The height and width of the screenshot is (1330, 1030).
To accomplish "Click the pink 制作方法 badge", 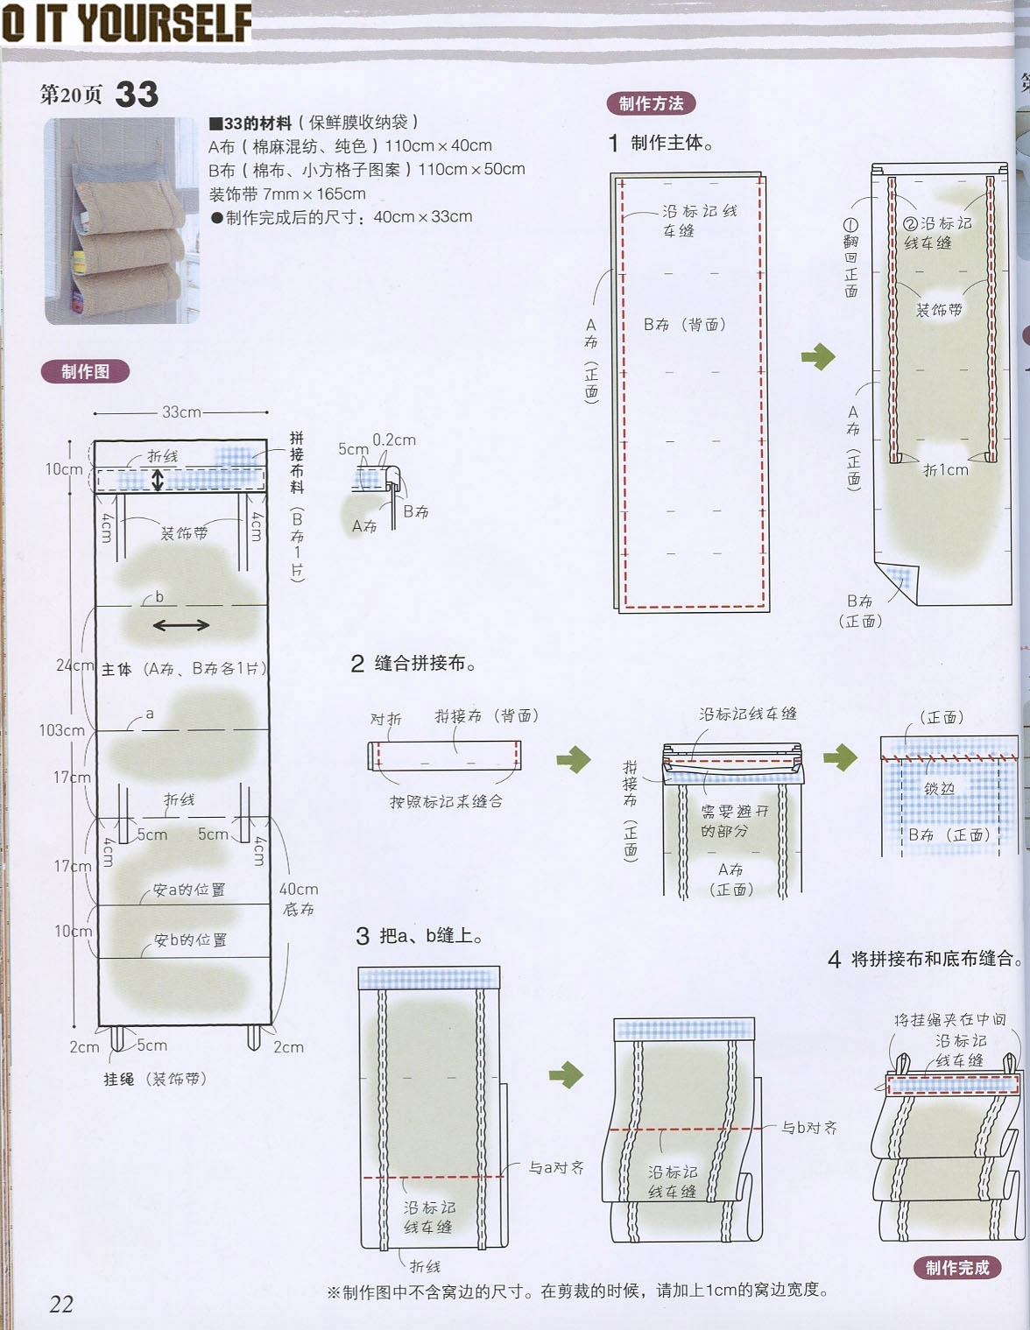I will click(x=651, y=103).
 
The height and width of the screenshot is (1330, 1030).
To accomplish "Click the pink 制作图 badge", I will click(x=85, y=371).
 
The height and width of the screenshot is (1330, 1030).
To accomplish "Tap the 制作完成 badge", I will click(x=956, y=1267).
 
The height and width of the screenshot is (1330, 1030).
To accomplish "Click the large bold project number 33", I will click(x=137, y=95).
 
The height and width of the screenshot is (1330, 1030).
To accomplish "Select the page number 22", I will click(x=61, y=1304).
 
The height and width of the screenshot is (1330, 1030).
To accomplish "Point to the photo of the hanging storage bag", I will click(x=122, y=221).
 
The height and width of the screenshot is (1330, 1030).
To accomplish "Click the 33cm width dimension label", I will click(x=181, y=412).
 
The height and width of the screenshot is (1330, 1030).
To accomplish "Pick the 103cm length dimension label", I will click(x=61, y=730).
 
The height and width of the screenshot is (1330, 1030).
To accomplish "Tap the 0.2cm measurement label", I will click(x=394, y=440).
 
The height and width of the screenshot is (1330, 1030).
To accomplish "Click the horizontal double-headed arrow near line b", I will click(x=181, y=625).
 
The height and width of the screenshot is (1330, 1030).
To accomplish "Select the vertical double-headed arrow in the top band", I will click(x=158, y=480).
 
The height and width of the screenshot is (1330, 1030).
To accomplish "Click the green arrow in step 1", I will click(x=818, y=356).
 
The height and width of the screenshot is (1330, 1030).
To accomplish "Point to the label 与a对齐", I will click(x=556, y=1167).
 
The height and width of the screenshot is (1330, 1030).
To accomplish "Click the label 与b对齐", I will click(x=809, y=1128).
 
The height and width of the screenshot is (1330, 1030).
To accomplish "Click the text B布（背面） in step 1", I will click(x=685, y=324).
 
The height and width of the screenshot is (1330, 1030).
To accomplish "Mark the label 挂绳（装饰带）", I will click(x=155, y=1079).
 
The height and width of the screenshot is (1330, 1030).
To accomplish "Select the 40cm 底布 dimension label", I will click(x=299, y=898).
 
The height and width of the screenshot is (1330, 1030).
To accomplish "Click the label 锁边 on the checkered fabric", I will click(x=939, y=789).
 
